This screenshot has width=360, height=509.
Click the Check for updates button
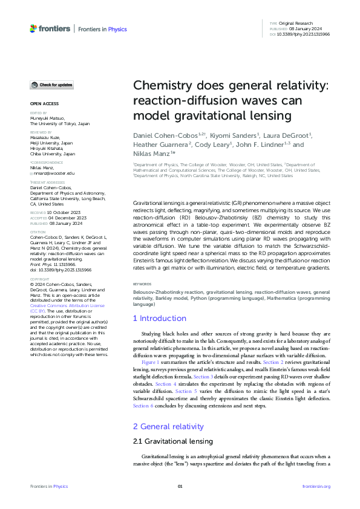coord(53,85)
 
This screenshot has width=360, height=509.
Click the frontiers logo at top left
coord(50,28)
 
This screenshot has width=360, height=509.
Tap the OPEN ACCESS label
coord(44,103)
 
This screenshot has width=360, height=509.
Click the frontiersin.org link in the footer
coord(316,486)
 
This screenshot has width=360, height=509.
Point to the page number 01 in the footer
coord(180,486)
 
